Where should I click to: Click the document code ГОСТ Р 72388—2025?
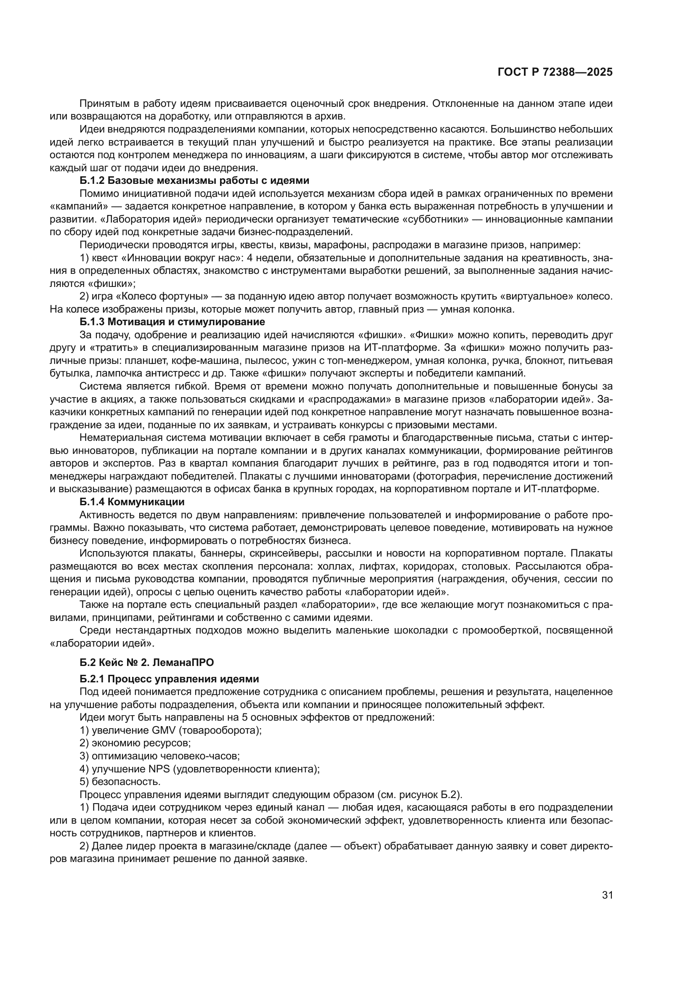[x=555, y=72]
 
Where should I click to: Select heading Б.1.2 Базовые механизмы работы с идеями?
[x=194, y=180]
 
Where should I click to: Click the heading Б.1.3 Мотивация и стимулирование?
[x=172, y=321]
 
